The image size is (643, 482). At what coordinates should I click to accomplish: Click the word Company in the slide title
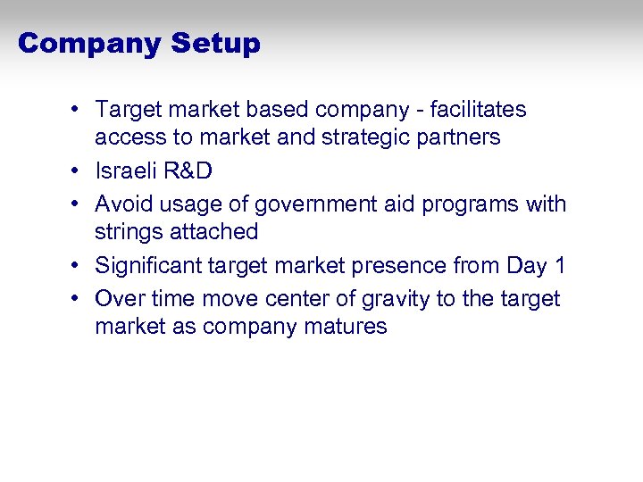[89, 44]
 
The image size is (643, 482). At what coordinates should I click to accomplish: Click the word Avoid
[123, 204]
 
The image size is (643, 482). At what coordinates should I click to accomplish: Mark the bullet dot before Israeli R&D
[79, 171]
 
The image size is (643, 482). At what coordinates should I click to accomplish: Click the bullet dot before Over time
[79, 299]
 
